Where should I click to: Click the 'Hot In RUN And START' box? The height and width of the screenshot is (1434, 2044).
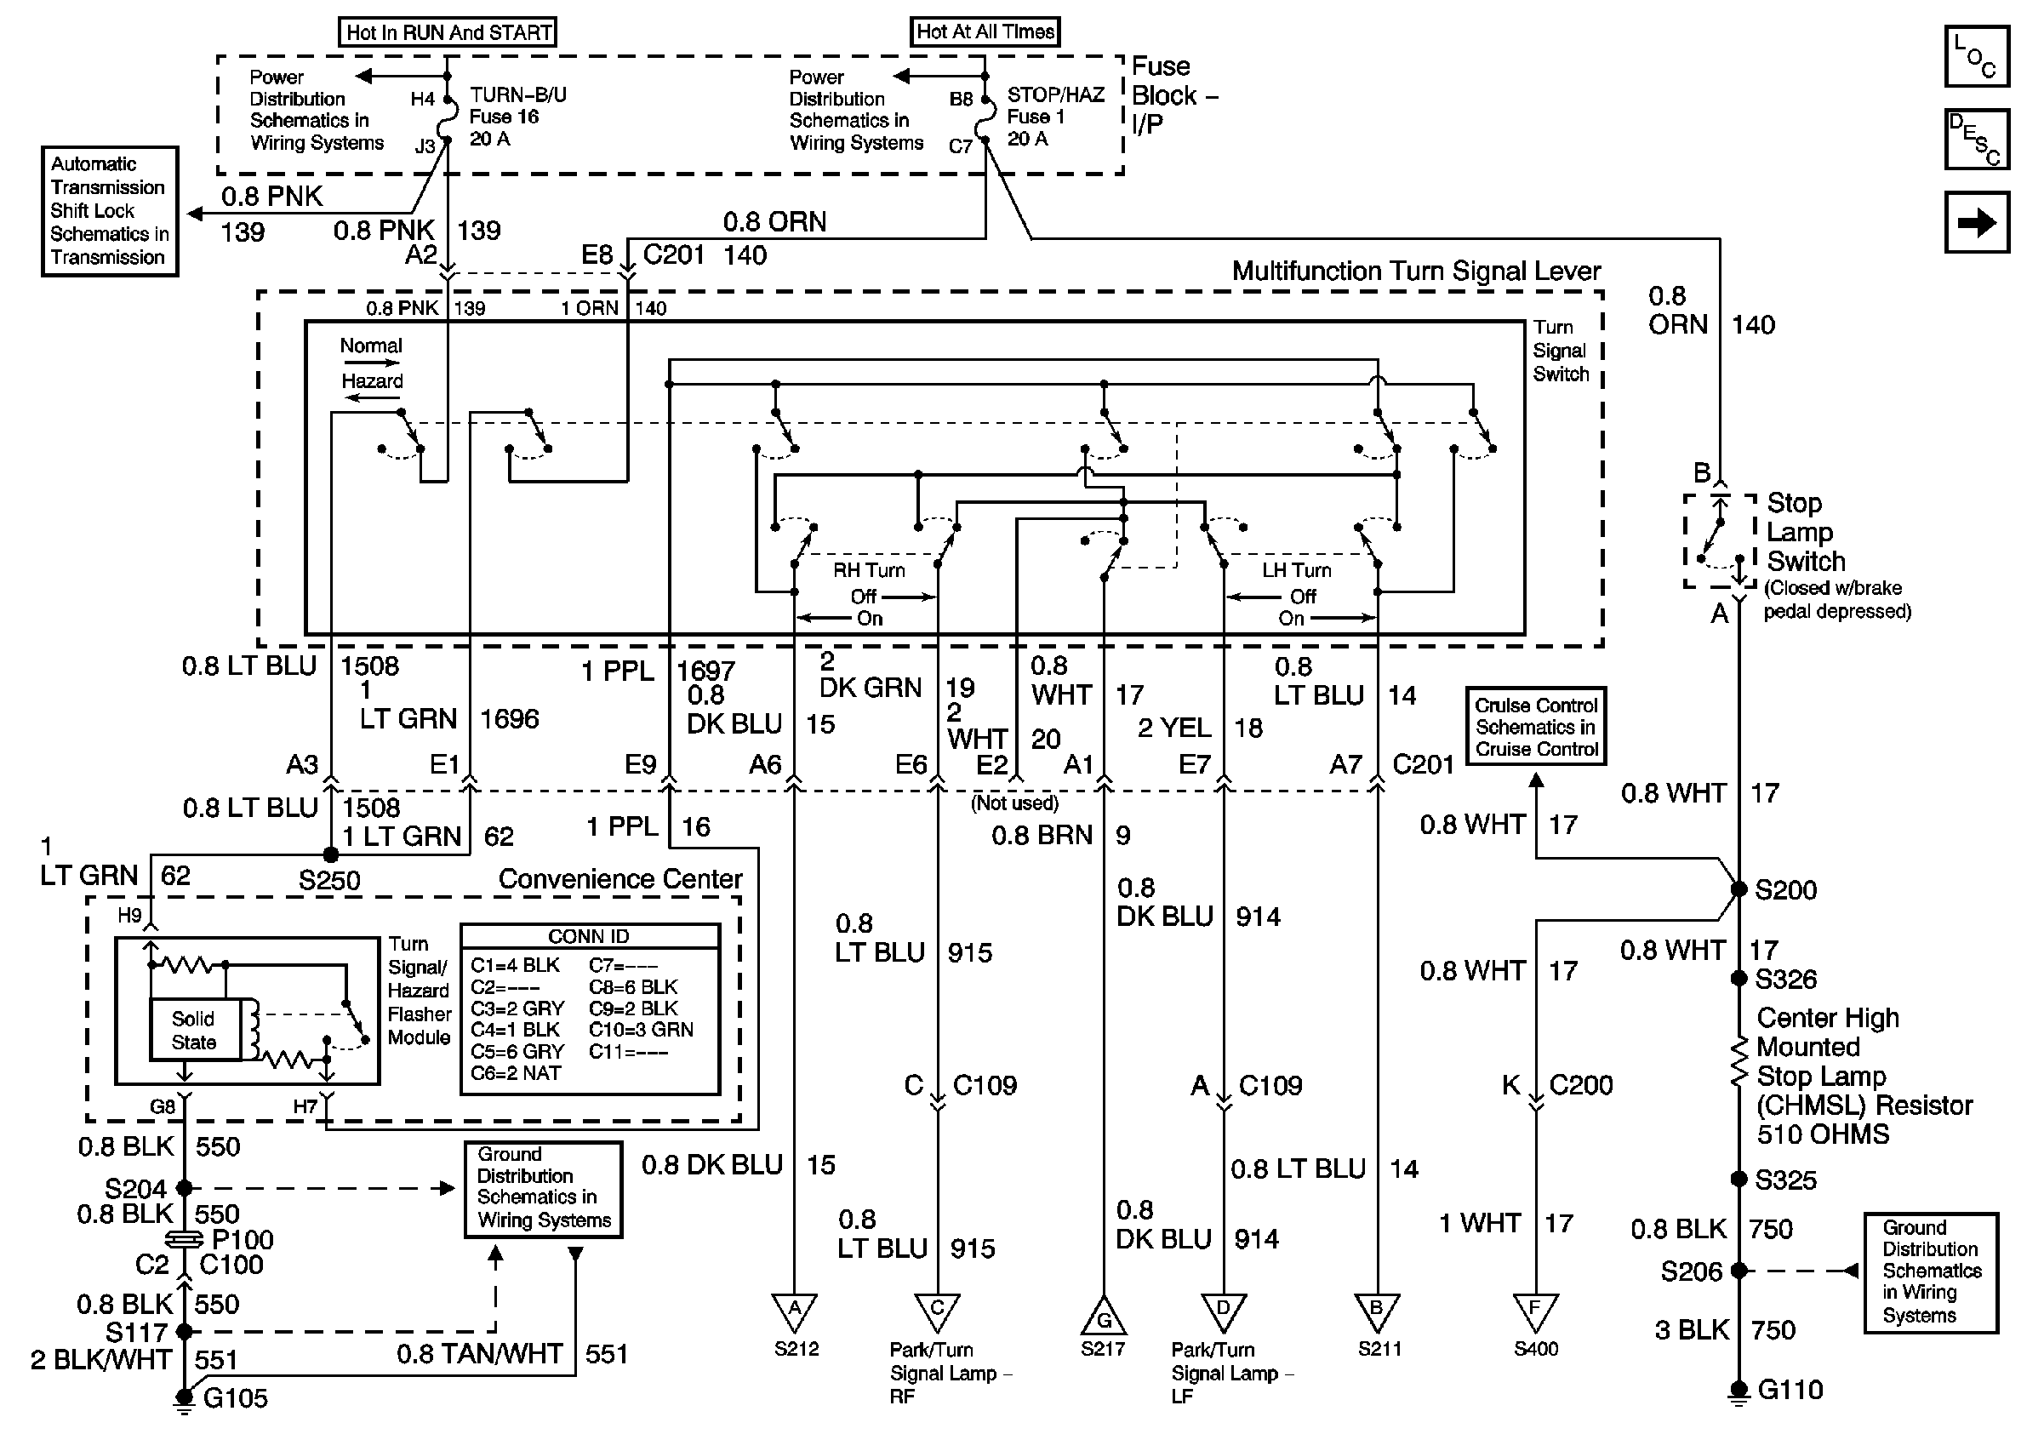tap(448, 32)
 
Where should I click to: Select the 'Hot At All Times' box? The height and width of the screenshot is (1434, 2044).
tap(985, 31)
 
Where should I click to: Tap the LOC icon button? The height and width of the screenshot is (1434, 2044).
tap(1976, 56)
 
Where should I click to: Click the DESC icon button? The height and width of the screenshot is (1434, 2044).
tap(1976, 139)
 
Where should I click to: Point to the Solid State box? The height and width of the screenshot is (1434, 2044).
tap(194, 1030)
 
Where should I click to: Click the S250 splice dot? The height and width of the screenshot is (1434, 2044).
tap(330, 854)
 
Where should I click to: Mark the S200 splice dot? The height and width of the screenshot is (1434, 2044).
tap(1739, 888)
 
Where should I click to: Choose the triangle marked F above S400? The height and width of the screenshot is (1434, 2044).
tap(1536, 1312)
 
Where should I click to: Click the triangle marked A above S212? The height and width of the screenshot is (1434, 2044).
tap(795, 1312)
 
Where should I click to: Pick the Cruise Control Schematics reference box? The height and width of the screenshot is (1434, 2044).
tap(1537, 726)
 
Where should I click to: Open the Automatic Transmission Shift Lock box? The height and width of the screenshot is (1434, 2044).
tap(110, 211)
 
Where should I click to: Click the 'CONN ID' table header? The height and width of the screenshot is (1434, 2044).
tap(590, 936)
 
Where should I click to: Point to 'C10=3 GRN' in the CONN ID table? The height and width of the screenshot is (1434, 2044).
tap(641, 1030)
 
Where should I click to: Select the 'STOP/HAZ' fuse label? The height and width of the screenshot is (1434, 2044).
tap(1056, 94)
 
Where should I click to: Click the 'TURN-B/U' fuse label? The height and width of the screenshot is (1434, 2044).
tap(518, 94)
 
